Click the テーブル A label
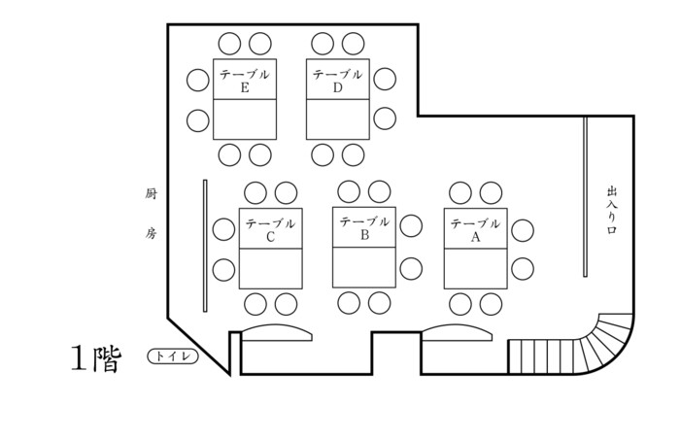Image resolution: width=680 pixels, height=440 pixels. coord(475,229)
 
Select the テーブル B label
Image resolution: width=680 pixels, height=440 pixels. coord(364,227)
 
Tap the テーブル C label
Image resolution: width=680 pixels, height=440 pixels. coord(270,229)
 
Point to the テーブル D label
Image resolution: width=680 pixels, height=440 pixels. coord(337,81)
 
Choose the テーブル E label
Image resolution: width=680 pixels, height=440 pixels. coord(244,81)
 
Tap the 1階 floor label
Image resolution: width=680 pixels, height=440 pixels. coord(95,358)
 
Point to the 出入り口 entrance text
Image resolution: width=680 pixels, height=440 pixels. coord(612,213)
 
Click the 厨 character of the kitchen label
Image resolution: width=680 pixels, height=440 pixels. coord(151,193)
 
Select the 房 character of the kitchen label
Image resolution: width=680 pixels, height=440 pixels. coord(151,233)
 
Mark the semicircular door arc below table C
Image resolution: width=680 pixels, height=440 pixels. coord(277,332)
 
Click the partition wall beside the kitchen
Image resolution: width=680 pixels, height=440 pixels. coord(205,245)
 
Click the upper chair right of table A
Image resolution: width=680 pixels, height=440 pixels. coord(524,230)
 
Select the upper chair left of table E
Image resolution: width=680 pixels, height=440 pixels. coord(198,80)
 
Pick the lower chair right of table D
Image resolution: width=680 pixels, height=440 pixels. coord(385,118)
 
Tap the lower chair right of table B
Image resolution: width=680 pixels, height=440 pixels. coord(411,267)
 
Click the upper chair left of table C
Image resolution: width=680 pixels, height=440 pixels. coord(224,230)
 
